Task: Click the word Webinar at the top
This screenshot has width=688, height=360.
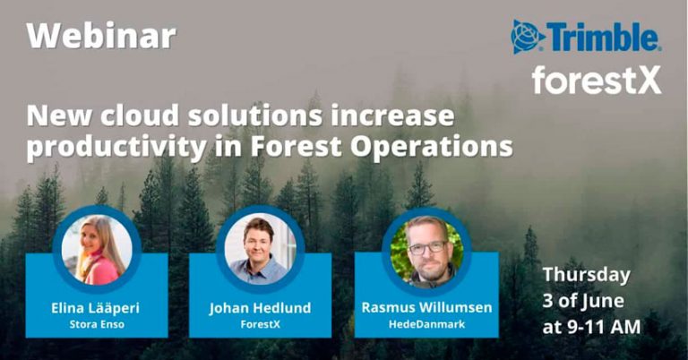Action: (x=101, y=36)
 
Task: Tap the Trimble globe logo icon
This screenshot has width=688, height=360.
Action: (x=528, y=37)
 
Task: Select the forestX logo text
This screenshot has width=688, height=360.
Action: (x=596, y=80)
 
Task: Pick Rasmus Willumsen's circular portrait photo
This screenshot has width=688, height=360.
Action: (x=426, y=249)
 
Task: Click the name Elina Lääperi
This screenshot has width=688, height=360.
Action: (x=96, y=308)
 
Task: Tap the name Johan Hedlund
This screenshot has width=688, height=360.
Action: (x=260, y=308)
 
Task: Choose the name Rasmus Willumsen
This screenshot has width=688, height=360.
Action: (x=426, y=308)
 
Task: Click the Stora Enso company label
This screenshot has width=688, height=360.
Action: (x=96, y=325)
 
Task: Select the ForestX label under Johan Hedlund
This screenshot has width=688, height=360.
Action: (x=260, y=325)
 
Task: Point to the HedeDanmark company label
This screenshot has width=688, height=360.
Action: (x=426, y=325)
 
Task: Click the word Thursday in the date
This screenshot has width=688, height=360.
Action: (x=586, y=275)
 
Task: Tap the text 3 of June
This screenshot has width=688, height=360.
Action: (x=583, y=301)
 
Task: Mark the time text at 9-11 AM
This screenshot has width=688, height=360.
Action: (x=591, y=327)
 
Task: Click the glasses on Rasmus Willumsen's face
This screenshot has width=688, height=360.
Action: (x=427, y=246)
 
